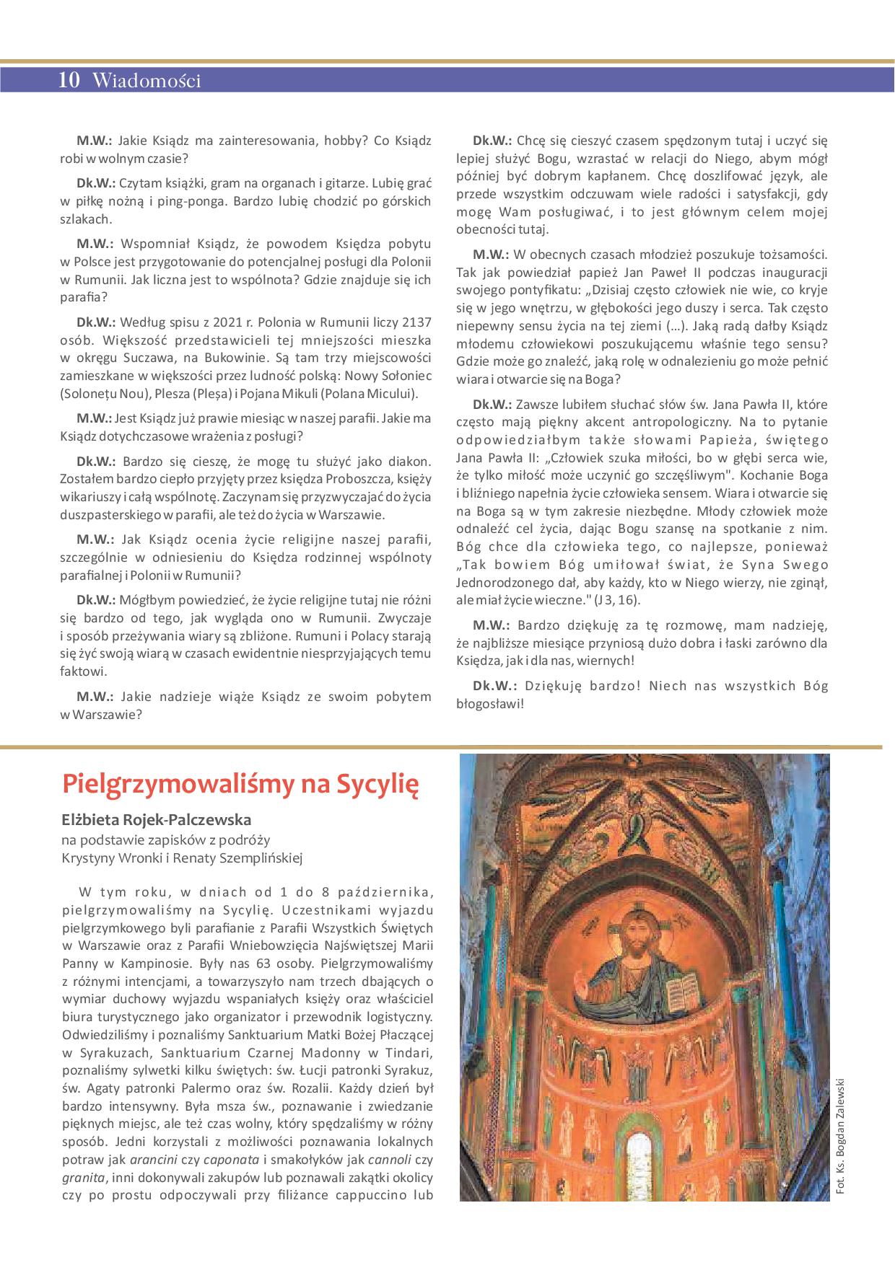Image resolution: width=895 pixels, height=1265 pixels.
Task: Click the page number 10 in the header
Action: pos(69,81)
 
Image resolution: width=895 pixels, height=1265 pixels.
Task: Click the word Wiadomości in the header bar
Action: pos(147,81)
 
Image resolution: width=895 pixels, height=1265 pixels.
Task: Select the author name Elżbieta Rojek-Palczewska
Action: pos(157,820)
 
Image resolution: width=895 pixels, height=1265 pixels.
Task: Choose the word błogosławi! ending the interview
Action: pos(489,703)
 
